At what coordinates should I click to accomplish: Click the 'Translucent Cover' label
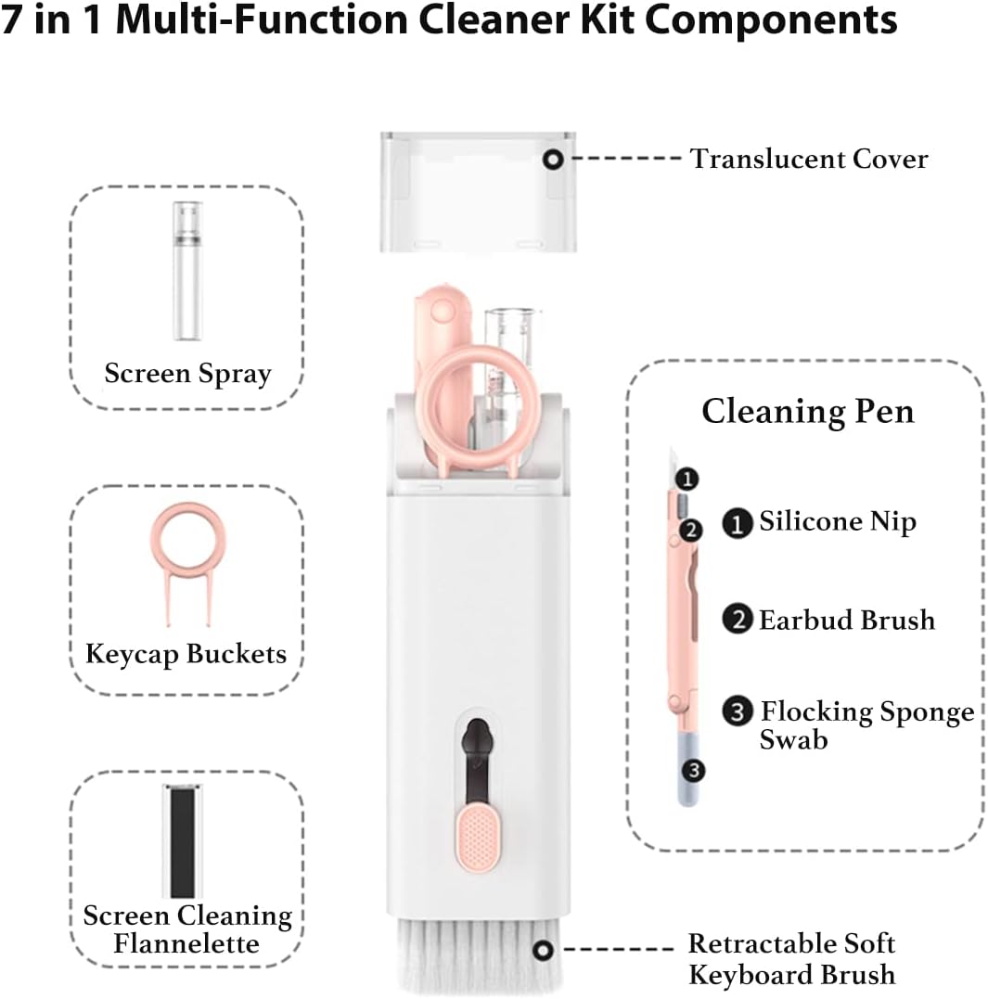(808, 160)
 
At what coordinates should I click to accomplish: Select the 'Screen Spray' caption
(187, 374)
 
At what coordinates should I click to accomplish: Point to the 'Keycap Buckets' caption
(186, 654)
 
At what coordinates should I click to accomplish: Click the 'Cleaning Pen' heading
(807, 411)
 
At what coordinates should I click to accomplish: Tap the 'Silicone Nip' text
(837, 521)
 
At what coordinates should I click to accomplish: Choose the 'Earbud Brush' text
(846, 620)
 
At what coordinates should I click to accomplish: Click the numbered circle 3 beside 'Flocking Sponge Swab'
(737, 712)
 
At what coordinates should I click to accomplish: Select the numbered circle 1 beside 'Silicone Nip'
(737, 524)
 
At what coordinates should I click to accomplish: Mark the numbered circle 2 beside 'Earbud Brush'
(737, 620)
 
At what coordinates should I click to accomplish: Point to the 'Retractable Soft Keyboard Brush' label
(791, 959)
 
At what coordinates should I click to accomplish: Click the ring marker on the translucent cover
(554, 160)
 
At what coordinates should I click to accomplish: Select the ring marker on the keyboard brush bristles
(544, 948)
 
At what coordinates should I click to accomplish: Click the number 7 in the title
(12, 20)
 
